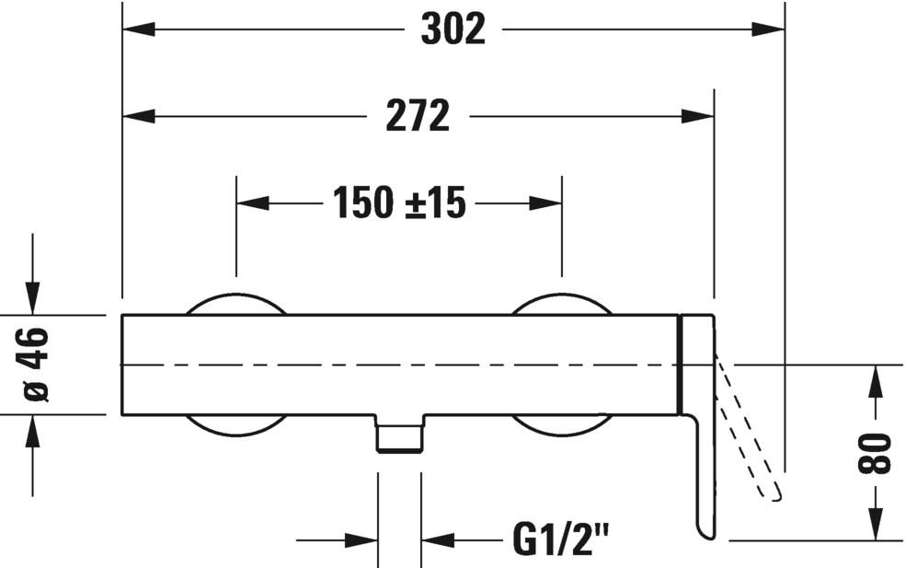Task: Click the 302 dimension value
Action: pos(452,29)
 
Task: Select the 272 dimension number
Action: pos(418,117)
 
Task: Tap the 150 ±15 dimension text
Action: pos(399,203)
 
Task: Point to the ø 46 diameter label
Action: pos(36,365)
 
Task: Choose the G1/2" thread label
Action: pos(560,540)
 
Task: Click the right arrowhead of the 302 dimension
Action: pos(768,29)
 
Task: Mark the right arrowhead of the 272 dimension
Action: pos(698,117)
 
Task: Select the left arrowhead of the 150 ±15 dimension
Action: pos(253,203)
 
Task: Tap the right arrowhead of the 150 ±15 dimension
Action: pos(545,203)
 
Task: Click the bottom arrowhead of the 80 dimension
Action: pos(875,525)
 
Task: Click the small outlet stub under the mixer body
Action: pos(399,435)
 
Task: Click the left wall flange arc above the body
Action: pos(236,304)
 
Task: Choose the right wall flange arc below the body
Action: pos(561,425)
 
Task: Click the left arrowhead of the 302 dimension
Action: pos(139,29)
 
